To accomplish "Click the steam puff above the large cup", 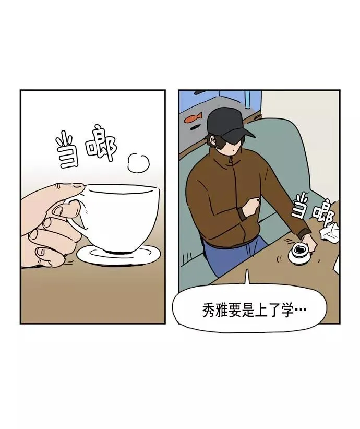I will [x=138, y=163].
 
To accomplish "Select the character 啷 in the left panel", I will [x=101, y=144].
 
